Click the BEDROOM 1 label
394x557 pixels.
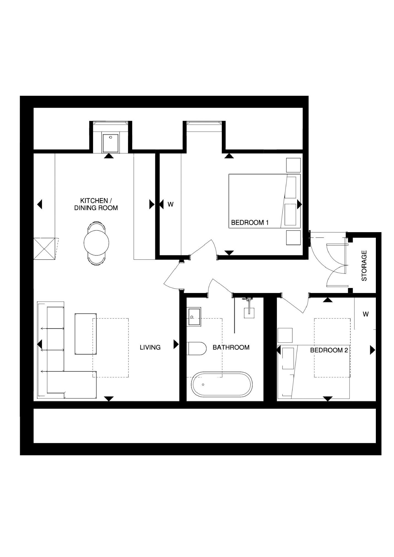point(249,222)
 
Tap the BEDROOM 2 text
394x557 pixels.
point(329,350)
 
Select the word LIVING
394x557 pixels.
point(150,347)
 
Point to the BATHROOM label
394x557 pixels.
point(231,347)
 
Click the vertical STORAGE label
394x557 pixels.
point(364,265)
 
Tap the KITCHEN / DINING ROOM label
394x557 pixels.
point(96,204)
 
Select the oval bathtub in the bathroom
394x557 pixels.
point(222,384)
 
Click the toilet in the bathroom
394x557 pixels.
point(196,349)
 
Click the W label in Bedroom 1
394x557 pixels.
point(171,204)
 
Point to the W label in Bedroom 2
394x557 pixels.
point(365,314)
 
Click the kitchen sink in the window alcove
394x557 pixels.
point(111,143)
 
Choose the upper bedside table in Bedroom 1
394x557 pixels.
point(293,165)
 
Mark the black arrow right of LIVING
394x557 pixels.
point(176,344)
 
